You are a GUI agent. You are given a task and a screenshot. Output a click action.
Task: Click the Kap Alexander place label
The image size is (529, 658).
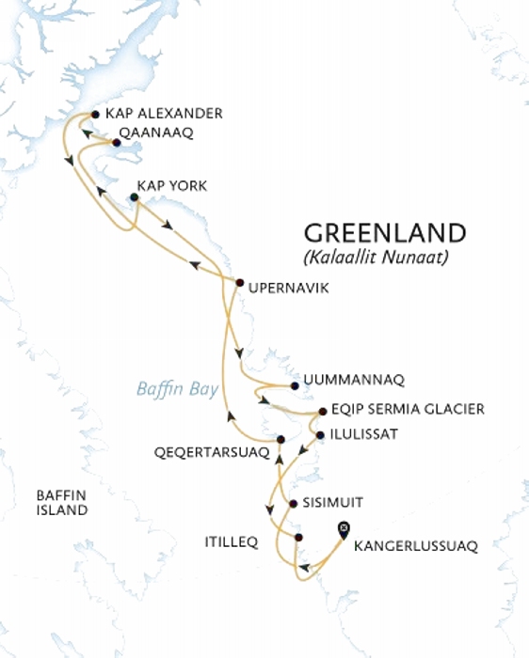[164, 114]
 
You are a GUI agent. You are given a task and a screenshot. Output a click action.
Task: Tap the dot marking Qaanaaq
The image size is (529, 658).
[116, 143]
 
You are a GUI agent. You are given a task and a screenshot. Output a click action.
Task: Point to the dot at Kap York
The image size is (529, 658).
[134, 197]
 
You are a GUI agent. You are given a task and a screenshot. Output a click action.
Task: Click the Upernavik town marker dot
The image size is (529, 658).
[239, 283]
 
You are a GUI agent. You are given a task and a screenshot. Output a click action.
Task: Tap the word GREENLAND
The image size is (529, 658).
[385, 233]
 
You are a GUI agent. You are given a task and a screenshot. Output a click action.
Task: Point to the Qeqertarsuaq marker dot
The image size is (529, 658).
[281, 439]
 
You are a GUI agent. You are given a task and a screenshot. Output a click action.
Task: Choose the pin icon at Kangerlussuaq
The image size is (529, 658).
[344, 529]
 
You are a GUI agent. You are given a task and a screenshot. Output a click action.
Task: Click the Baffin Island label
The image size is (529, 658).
[61, 502]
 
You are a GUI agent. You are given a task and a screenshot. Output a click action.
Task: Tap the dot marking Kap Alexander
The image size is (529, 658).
[95, 115]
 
